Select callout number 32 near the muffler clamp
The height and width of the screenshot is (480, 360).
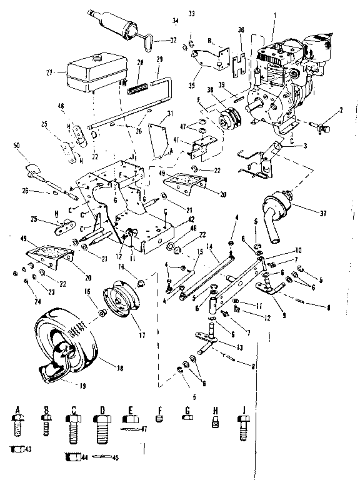point(173,40)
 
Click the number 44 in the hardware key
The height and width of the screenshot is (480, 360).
point(84,457)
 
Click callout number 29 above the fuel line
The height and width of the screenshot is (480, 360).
point(159,59)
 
